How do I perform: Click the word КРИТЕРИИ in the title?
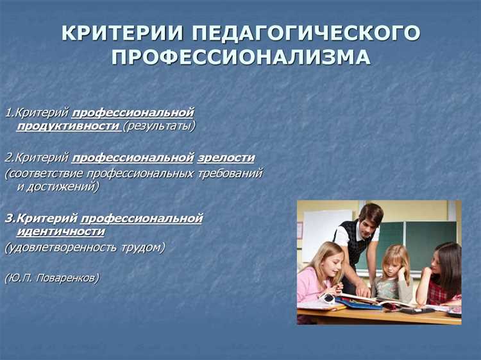(118, 33)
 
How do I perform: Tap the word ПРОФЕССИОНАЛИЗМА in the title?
(240, 57)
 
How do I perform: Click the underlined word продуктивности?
(69, 126)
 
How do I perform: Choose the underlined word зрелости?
(226, 158)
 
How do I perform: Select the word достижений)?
(67, 187)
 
